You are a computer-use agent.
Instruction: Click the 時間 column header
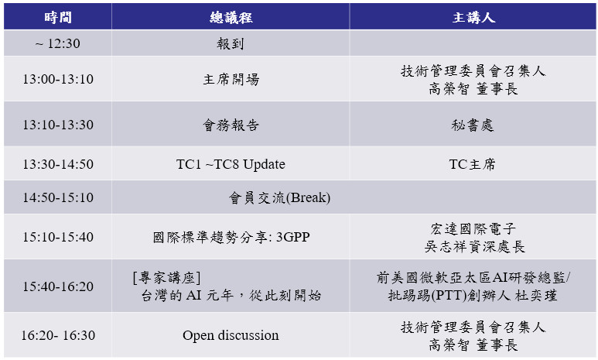(58, 18)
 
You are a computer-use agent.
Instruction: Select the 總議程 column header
(231, 18)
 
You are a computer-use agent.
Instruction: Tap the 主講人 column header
(473, 18)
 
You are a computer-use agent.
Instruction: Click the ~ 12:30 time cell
(58, 43)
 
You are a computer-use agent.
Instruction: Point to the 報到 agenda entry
(231, 43)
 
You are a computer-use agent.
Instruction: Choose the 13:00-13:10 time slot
(58, 79)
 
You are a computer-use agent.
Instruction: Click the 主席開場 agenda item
(231, 80)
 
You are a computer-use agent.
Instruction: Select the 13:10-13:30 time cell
(58, 125)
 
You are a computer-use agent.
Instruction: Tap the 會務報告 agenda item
(231, 125)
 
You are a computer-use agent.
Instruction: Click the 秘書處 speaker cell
(473, 125)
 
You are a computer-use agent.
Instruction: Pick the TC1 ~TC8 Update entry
(231, 164)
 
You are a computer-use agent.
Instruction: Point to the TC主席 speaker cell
(472, 164)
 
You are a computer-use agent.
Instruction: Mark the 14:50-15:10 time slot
(58, 197)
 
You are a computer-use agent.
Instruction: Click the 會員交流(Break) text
(279, 197)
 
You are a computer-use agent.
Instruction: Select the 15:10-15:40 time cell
(58, 237)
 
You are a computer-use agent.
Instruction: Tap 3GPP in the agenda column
(293, 237)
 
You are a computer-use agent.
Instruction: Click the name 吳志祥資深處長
(474, 247)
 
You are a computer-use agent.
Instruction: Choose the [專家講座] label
(166, 277)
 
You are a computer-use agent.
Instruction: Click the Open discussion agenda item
(231, 335)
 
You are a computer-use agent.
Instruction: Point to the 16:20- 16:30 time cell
(58, 335)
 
